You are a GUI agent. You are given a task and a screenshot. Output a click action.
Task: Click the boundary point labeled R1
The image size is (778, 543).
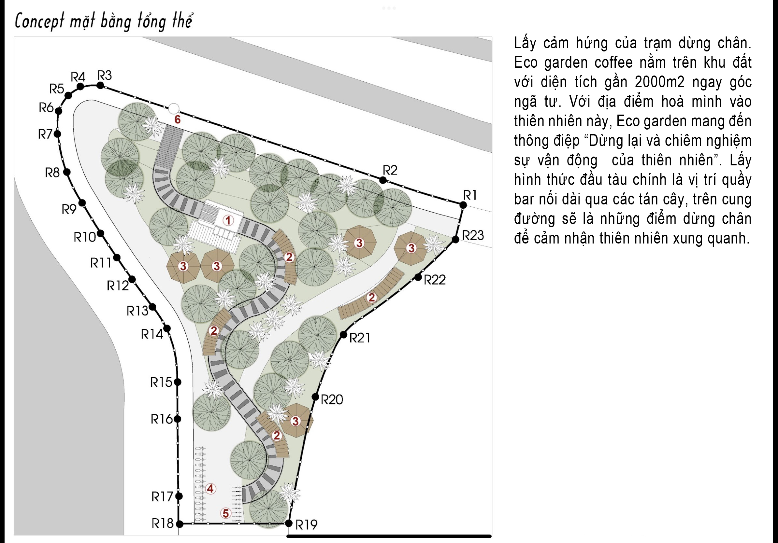tap(463, 205)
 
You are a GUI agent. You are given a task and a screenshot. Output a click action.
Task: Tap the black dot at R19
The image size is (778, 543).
tap(289, 523)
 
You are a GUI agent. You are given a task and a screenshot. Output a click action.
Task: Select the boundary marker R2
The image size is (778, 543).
tap(382, 180)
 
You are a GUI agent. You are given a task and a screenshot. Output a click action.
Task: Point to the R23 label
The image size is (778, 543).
tap(473, 235)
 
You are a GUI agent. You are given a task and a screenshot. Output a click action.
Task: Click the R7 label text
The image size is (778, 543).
tap(45, 134)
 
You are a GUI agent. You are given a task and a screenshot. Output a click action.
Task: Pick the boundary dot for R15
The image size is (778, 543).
tap(178, 382)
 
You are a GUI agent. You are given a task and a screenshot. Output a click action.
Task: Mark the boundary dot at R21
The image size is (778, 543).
tap(344, 334)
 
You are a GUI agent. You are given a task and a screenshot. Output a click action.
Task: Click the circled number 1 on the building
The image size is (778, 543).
tap(228, 220)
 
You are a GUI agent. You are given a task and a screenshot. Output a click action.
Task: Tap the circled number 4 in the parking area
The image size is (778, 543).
tap(210, 489)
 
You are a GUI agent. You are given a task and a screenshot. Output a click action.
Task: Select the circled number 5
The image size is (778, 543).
tap(226, 513)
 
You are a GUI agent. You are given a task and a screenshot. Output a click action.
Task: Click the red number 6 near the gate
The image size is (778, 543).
tap(177, 119)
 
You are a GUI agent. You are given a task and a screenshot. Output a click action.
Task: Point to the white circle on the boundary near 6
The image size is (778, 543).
tap(174, 109)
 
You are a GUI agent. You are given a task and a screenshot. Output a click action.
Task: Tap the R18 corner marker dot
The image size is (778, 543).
tap(180, 524)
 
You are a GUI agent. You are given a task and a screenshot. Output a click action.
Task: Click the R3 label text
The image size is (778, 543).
tap(104, 75)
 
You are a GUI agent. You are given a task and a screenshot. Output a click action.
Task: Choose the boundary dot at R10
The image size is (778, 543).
tap(100, 233)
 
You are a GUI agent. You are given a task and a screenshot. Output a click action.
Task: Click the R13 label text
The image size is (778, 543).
tap(137, 311)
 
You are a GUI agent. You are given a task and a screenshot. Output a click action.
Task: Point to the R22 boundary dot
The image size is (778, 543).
tap(418, 277)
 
